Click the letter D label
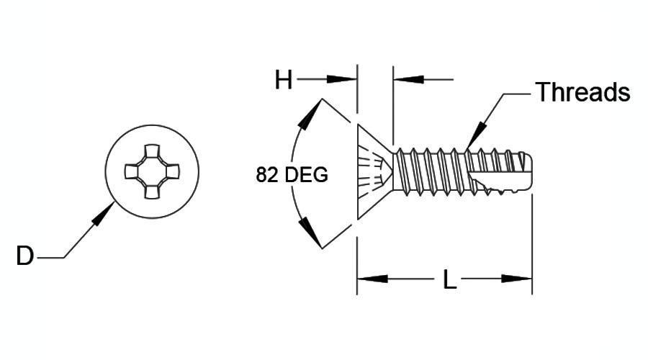coord(24,256)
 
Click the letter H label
coord(284,80)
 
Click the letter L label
coord(449,279)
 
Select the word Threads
coord(582,91)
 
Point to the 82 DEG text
coord(292,175)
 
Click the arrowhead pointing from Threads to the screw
coord(475,136)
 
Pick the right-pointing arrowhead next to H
coord(342,79)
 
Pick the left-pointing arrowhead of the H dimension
coord(409,79)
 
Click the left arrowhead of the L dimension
coord(372,279)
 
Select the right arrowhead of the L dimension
coord(516,279)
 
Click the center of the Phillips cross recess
coord(152,171)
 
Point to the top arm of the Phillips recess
coord(152,151)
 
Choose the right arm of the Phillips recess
coord(173,171)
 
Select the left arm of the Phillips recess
coord(132,171)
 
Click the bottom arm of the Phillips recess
coord(152,192)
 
